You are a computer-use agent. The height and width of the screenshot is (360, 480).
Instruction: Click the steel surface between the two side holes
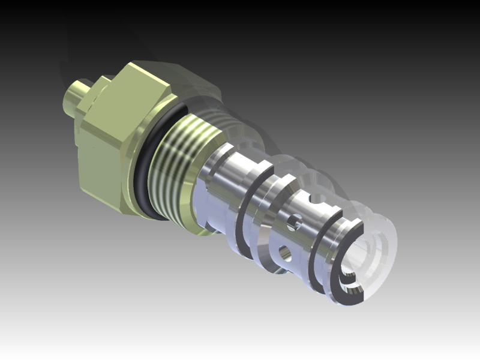pyautogui.click(x=289, y=238)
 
